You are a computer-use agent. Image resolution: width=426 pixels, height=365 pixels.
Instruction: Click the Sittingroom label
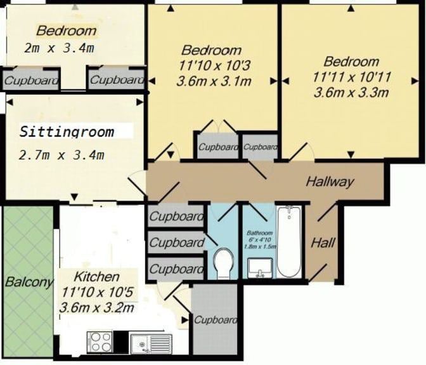point(67,131)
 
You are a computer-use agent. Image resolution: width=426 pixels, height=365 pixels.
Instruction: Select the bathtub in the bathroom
point(289,242)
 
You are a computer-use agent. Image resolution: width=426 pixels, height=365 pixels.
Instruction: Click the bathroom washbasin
point(260,268)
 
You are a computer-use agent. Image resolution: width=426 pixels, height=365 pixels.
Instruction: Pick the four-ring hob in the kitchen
point(100,342)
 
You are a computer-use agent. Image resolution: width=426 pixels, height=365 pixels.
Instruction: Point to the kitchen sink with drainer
point(151,343)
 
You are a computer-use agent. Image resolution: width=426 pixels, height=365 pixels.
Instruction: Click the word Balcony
point(29,282)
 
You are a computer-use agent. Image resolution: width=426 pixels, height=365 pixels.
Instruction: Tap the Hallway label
point(330,182)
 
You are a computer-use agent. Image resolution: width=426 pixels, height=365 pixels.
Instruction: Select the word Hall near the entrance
point(323,242)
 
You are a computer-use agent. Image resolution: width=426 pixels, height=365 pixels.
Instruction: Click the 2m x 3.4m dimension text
point(59,48)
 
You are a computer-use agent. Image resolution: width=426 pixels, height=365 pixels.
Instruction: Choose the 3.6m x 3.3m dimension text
point(351,93)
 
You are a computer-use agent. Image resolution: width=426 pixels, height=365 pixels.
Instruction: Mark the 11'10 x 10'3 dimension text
point(214,65)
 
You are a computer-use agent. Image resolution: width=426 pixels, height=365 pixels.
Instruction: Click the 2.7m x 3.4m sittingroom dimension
point(61,155)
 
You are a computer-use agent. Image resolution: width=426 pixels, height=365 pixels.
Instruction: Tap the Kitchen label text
point(96,277)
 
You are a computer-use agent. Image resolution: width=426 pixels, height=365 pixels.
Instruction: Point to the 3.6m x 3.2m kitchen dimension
point(97,308)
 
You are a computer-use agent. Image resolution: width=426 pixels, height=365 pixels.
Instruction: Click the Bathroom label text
point(259,233)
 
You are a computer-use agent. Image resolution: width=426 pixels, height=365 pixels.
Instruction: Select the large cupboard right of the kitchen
point(215,319)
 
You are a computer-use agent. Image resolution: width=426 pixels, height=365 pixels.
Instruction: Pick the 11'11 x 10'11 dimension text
point(352,77)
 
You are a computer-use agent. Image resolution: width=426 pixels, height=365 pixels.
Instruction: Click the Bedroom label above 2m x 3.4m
point(67,30)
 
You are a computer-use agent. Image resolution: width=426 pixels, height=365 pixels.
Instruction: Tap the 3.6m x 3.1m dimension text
point(214,81)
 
